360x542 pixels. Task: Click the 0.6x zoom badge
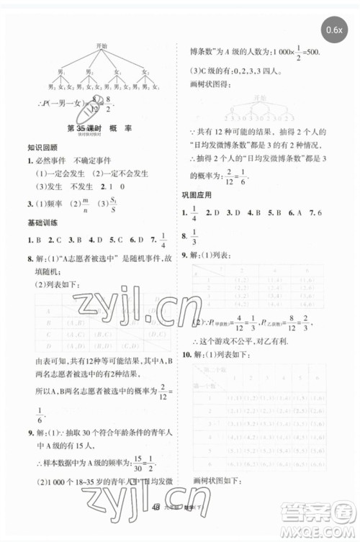[x=333, y=30]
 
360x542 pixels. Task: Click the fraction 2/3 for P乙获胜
[x=306, y=321]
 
